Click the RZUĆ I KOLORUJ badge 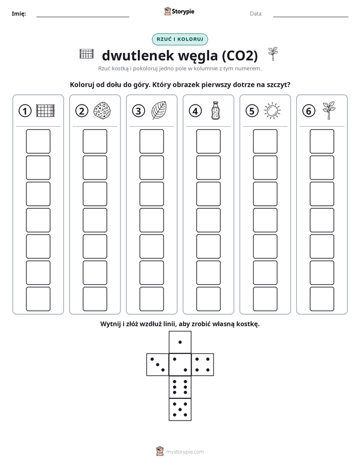[x=179, y=39]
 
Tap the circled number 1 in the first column [x=25, y=111]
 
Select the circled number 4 [x=195, y=111]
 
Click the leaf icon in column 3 [x=159, y=110]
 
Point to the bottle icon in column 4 [x=216, y=110]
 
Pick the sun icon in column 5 [x=272, y=111]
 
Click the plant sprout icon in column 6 [x=329, y=110]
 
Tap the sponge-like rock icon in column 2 [x=102, y=110]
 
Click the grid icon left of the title [x=87, y=54]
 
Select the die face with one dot [x=180, y=342]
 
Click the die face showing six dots [x=180, y=387]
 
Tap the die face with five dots [x=180, y=410]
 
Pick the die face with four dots [x=203, y=365]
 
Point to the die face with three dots [x=158, y=365]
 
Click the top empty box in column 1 [x=38, y=141]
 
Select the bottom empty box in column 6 [x=322, y=299]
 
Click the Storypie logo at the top [x=179, y=11]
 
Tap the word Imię [x=19, y=14]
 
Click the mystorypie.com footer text [x=185, y=452]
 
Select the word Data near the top [x=256, y=14]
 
